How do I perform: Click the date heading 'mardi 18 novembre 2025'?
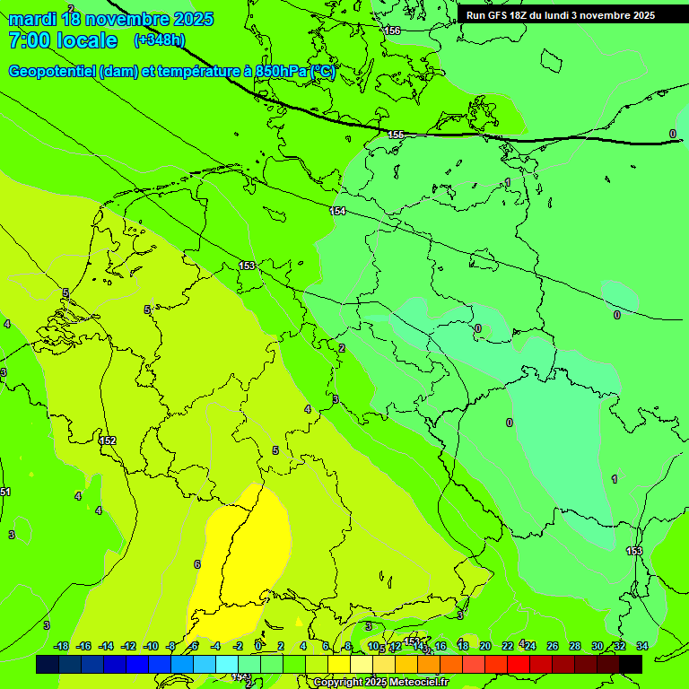tap(110, 19)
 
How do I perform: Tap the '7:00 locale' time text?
tap(62, 40)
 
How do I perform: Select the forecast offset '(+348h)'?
tap(159, 40)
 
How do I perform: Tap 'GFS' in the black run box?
tap(501, 15)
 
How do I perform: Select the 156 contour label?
tap(392, 31)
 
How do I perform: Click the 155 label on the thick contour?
tap(396, 135)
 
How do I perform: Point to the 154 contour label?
tap(337, 211)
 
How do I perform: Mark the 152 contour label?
tap(109, 440)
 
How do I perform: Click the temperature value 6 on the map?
tap(196, 564)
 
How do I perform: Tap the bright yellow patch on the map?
tap(251, 547)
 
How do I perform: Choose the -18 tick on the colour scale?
tap(61, 646)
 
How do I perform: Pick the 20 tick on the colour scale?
tap(484, 646)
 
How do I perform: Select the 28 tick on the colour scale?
tap(574, 646)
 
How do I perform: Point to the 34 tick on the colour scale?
tap(641, 646)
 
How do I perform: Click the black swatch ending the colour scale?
tap(631, 664)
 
